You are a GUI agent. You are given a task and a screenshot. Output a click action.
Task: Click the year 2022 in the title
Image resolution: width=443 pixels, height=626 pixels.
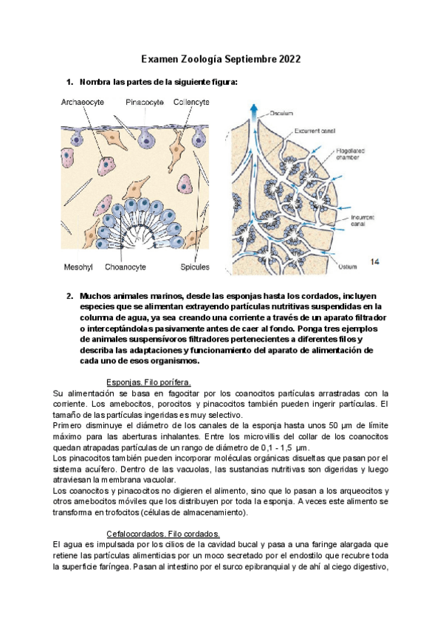286,60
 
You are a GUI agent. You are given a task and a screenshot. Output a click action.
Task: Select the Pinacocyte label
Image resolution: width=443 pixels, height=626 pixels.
145,103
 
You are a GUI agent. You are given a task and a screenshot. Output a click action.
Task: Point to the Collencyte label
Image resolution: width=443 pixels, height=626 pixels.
191,103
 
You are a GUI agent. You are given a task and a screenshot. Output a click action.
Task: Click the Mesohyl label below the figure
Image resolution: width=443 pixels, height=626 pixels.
75,266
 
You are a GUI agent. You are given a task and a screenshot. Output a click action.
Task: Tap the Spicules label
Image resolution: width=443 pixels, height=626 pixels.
195,266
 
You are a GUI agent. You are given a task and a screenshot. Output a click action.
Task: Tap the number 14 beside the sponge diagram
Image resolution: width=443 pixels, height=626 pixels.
375,261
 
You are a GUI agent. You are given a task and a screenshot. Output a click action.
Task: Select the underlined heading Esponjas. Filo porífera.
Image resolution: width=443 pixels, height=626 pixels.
149,382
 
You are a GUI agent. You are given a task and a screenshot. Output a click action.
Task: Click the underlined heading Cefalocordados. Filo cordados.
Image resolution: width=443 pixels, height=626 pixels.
159,534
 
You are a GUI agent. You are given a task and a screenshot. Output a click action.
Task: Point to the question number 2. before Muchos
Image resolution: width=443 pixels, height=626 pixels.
70,296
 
